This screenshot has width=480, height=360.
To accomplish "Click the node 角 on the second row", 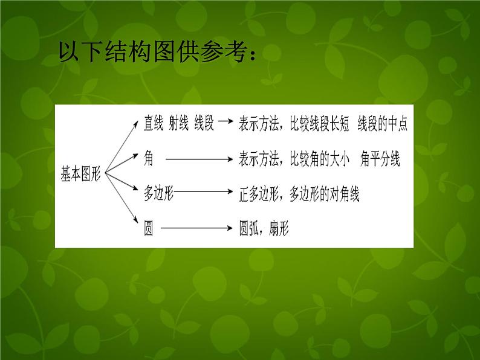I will (x=149, y=158).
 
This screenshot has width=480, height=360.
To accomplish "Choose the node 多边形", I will (x=158, y=193).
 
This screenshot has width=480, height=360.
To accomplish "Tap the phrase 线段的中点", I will (x=382, y=123).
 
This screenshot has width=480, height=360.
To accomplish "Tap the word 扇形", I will (x=278, y=229).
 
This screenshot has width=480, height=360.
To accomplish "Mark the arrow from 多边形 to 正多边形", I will (x=204, y=193).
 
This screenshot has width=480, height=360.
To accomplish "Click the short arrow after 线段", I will (x=224, y=121).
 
